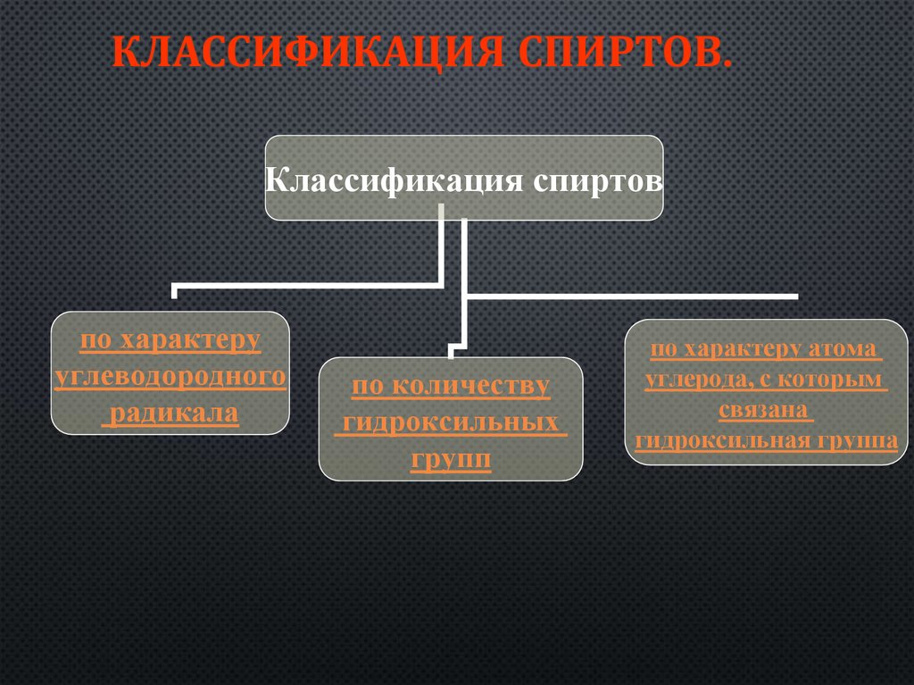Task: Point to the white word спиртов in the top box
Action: pos(598,180)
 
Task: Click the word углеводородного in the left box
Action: pos(170,377)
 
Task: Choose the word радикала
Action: pos(171,414)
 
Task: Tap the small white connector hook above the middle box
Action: pos(456,345)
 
